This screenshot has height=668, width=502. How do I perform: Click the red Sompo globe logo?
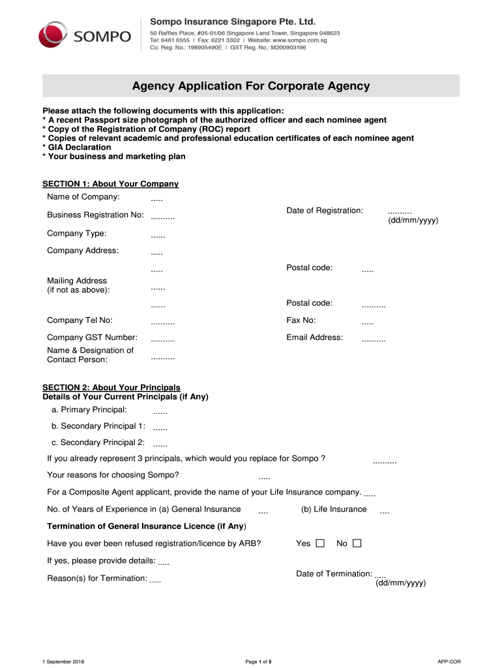53,35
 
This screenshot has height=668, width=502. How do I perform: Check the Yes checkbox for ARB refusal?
320,543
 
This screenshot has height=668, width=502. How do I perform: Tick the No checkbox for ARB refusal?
357,543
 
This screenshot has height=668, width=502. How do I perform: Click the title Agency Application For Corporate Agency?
251,86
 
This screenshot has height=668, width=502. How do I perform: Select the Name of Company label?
83,196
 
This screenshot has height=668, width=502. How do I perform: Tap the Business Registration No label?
95,215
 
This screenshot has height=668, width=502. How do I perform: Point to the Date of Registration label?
325,210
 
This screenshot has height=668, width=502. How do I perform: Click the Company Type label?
77,233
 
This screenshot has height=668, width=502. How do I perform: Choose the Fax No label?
301,320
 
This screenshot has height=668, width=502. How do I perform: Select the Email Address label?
314,337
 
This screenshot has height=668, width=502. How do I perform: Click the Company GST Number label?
92,337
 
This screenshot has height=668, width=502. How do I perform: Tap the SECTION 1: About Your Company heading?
110,184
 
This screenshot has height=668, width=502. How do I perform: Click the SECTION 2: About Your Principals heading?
111,387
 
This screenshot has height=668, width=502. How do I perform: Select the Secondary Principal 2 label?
98,442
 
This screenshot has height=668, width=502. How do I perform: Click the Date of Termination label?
334,573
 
